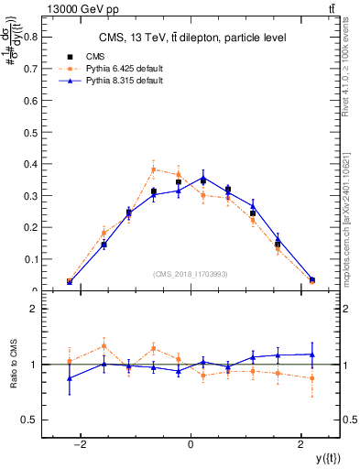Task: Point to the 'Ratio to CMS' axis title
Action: point(13,365)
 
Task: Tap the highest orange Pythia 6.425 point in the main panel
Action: point(154,169)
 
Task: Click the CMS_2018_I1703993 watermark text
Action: point(191,274)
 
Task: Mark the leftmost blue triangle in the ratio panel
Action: point(70,378)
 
